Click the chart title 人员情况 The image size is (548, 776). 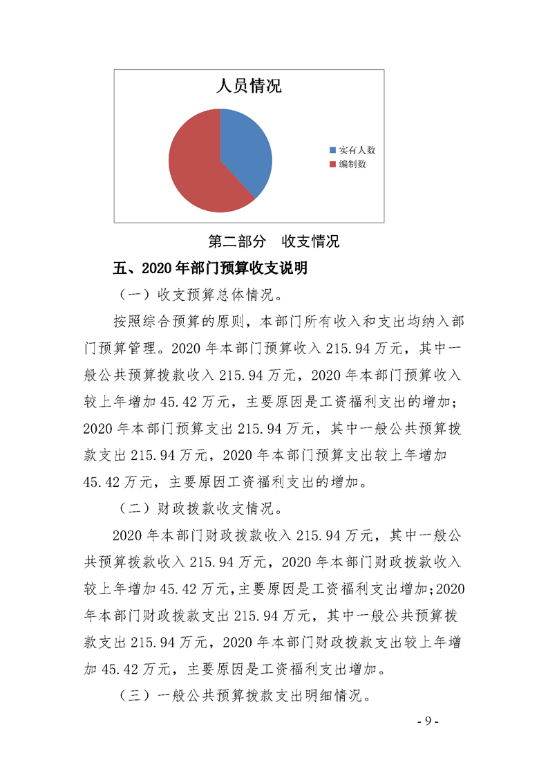coord(249,87)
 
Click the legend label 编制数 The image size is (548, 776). coord(352,165)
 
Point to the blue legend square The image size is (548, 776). coord(332,150)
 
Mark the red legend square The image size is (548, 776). coord(332,165)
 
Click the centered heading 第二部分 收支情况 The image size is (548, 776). coord(274,242)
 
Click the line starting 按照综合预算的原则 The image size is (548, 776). coord(284,322)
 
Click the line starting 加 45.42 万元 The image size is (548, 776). coord(235,669)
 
